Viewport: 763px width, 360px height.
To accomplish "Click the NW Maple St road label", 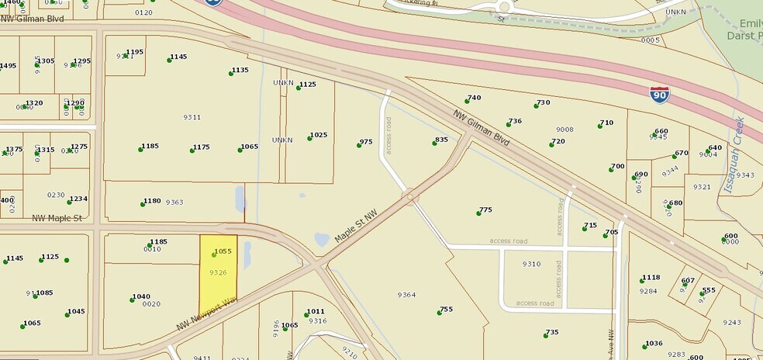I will pos(57,219).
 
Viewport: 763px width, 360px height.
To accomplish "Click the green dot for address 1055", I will pos(214,254).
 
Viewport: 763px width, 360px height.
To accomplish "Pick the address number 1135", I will pos(240,70).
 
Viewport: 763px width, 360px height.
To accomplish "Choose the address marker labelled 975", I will pos(366,142).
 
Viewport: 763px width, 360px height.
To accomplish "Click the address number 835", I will pos(441,140).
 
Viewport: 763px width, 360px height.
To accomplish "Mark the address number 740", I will pos(474,98).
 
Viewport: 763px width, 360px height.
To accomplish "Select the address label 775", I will pos(485,209).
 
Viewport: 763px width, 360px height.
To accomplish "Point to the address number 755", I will pos(446,310).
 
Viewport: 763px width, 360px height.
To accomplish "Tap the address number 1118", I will pos(651,278).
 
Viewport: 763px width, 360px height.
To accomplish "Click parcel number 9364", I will pos(406,295).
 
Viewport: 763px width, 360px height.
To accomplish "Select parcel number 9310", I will pos(531,265).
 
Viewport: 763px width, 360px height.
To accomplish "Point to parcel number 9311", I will pos(192,117).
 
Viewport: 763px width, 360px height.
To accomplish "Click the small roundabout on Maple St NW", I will pos(410,198).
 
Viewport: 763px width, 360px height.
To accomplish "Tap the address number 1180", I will pos(152,201).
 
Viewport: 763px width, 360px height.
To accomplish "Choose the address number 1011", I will pos(315,312).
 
